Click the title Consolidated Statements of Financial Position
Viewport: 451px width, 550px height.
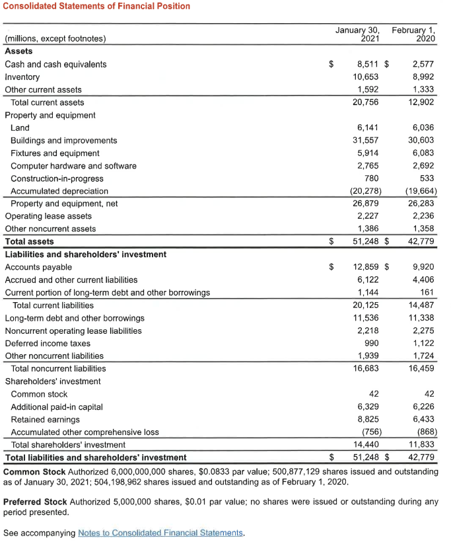97,6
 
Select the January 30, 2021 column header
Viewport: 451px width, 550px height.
357,34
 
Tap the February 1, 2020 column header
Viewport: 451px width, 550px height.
414,34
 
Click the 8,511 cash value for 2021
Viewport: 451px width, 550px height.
367,64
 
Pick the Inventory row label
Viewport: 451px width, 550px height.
22,77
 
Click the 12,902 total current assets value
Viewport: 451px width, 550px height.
421,102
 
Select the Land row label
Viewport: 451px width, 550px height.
20,128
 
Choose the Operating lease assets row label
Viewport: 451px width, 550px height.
48,216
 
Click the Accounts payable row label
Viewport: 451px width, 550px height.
38,267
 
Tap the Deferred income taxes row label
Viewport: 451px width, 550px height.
48,343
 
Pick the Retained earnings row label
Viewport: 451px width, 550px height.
45,419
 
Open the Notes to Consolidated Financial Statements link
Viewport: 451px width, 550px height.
160,533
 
